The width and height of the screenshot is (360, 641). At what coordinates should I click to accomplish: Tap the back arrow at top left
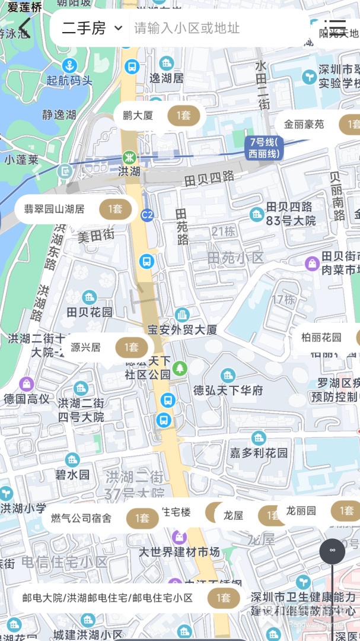point(24,27)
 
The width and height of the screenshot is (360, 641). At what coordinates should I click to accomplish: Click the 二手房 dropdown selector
point(92,28)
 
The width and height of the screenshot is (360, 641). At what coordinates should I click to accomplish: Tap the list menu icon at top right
point(336,27)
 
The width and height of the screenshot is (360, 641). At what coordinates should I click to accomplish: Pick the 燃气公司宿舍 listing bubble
point(100,518)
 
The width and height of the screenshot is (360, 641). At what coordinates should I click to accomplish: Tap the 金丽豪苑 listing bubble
point(317,125)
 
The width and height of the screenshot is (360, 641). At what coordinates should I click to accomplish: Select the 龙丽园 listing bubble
point(318,511)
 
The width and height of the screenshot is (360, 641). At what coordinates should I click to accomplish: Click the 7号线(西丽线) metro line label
point(264,148)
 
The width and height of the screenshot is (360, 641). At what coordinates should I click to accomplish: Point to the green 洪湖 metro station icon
point(129,158)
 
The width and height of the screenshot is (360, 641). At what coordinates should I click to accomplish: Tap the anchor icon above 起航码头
point(70,65)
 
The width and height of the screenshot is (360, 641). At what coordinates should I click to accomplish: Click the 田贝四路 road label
point(209,177)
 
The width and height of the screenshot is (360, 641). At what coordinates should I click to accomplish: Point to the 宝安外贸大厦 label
point(182,329)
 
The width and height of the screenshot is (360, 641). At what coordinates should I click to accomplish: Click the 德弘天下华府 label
point(228,391)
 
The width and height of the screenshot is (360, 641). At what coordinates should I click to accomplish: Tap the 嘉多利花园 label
point(259,453)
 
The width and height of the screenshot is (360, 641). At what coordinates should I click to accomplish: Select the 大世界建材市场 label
point(179,552)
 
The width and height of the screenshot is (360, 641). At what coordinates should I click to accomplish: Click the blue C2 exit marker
point(146,215)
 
